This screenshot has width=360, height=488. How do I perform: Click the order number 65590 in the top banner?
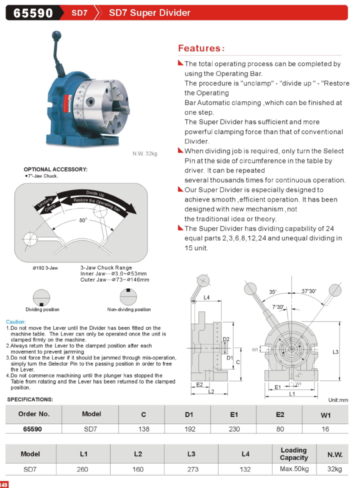point(33,12)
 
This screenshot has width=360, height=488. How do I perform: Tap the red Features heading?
point(201,48)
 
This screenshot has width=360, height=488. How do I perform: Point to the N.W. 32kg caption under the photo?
point(144,153)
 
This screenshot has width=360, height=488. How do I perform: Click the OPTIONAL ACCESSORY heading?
point(55,169)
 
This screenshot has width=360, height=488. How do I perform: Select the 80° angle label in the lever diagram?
point(83,219)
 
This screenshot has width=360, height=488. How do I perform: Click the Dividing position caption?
point(42,309)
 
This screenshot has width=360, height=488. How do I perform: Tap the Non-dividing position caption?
point(129,309)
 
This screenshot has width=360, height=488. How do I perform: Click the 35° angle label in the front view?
point(273,291)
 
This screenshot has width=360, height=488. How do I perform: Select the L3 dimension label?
point(335,352)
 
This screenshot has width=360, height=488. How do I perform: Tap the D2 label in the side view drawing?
point(226,339)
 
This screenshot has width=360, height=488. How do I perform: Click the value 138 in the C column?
point(143,429)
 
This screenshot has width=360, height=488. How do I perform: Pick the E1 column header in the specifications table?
point(233,414)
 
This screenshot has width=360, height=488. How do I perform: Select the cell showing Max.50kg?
point(294,469)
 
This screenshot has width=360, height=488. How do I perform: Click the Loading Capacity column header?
point(294,454)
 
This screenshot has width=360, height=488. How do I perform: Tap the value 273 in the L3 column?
point(192,469)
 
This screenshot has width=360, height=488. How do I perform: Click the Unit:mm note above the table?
point(338,400)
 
